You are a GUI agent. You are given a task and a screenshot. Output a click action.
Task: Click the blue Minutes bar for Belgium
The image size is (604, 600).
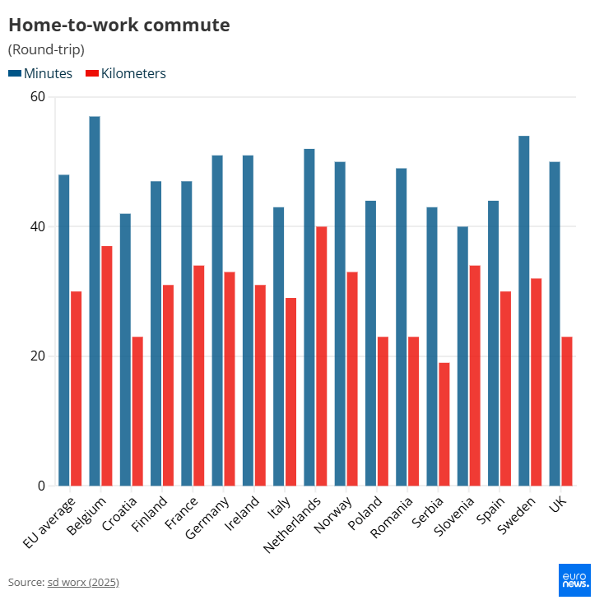tap(95, 300)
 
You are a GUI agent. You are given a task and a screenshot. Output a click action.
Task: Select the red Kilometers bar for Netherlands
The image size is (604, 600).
tap(321, 356)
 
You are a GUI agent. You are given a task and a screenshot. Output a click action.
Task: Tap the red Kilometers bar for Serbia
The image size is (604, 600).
tap(444, 424)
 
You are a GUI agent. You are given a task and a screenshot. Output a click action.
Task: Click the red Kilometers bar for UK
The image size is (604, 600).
tap(566, 411)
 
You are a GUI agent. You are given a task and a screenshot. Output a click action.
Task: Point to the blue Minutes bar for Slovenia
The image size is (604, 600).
tap(462, 356)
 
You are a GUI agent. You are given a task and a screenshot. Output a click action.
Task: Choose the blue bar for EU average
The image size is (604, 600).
tap(63, 329)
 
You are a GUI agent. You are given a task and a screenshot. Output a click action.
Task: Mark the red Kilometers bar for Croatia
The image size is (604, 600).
tap(137, 411)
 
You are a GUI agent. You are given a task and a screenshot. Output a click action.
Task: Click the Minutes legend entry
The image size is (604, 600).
tap(41, 73)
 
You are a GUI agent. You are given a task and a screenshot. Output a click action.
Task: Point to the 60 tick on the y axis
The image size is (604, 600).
tap(38, 97)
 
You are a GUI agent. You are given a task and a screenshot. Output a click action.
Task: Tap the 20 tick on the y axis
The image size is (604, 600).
tap(38, 356)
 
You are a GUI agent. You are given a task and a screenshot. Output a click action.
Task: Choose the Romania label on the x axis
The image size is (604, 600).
tap(391, 517)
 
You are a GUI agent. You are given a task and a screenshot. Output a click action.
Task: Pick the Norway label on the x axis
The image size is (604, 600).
tap(332, 514)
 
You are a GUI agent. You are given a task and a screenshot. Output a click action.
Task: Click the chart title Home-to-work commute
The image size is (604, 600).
tap(118, 25)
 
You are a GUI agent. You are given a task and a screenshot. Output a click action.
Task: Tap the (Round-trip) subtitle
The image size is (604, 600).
tap(46, 49)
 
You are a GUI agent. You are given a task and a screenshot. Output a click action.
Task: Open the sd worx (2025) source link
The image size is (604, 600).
tap(82, 582)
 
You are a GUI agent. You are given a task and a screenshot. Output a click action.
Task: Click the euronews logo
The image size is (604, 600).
tap(574, 579)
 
